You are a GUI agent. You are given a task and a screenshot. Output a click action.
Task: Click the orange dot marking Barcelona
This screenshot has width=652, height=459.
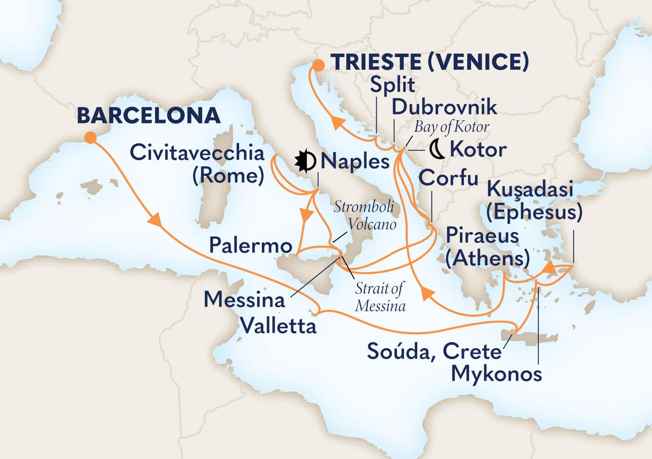(x=90, y=137)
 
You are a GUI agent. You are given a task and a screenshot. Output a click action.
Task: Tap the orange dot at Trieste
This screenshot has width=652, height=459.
(x=318, y=65)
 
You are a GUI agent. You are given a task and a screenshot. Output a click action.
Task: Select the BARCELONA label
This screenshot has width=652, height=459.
(x=148, y=116)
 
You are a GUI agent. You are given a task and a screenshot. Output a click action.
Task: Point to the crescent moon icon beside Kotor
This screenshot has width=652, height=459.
(x=437, y=149)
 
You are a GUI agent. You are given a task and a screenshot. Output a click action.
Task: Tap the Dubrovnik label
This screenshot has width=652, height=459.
(x=444, y=107)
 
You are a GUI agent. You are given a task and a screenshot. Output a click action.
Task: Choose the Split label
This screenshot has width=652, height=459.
(x=393, y=84)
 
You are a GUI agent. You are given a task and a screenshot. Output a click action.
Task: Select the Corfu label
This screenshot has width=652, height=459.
(x=448, y=178)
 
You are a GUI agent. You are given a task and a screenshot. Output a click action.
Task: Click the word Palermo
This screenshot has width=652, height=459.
(x=251, y=245)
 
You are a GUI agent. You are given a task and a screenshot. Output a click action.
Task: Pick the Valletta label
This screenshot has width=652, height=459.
(x=279, y=326)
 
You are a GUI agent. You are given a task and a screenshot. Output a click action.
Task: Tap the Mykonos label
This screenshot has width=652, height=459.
(x=497, y=374)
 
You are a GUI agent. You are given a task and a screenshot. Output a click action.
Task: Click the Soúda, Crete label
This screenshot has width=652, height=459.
(x=434, y=351)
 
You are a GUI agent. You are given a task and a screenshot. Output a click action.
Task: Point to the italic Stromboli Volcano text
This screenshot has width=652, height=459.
(x=365, y=215)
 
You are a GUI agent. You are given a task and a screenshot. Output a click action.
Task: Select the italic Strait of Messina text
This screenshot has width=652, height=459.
(x=380, y=297)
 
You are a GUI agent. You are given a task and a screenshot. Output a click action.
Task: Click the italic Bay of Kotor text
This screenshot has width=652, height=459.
(x=451, y=127)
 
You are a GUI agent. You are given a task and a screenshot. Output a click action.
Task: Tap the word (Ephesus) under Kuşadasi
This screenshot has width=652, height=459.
(x=534, y=212)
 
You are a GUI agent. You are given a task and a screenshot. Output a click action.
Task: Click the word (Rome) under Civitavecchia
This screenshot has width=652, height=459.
(x=228, y=175)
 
